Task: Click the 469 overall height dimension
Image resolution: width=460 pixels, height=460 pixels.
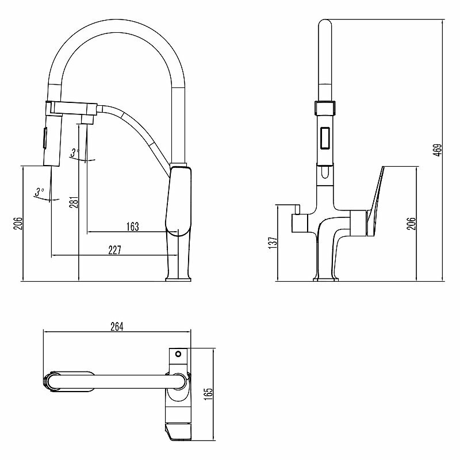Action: click(437, 149)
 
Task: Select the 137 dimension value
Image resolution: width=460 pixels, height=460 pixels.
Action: click(273, 241)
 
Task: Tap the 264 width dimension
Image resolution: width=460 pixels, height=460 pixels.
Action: click(117, 326)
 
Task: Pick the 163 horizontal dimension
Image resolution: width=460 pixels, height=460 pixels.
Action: click(132, 227)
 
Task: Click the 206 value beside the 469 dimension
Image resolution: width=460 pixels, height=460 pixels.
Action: click(411, 224)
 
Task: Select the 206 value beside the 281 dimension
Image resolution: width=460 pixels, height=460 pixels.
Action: click(17, 224)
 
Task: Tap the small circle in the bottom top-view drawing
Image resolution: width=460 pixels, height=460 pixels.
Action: click(178, 354)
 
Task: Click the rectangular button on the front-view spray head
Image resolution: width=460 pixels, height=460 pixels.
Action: click(324, 137)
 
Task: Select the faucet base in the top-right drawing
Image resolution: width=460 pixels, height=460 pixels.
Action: click(325, 279)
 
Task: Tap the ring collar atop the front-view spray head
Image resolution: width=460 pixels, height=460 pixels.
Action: click(324, 107)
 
